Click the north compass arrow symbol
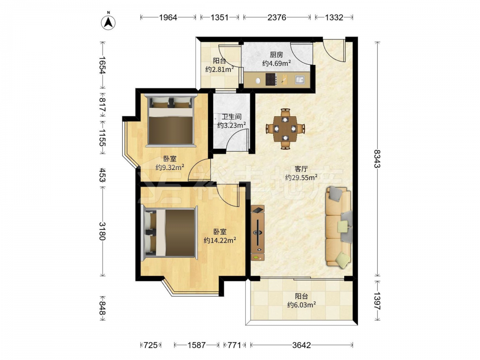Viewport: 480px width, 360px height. [x=108, y=22]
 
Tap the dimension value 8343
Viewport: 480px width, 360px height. [x=377, y=158]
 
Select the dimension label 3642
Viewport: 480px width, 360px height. [x=301, y=345]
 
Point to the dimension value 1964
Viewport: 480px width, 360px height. [x=168, y=17]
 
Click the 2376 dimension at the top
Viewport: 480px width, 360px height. [x=277, y=17]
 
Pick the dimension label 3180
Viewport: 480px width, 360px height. [x=102, y=231]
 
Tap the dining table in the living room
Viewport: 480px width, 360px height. [x=285, y=129]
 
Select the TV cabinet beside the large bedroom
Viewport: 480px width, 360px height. [x=258, y=233]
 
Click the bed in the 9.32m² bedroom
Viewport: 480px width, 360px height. [x=170, y=120]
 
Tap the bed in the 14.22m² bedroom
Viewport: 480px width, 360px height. [x=169, y=232]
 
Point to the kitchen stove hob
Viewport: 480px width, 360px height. [x=271, y=79]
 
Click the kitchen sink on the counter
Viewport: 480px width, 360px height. [x=300, y=80]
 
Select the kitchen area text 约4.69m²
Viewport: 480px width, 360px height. [x=276, y=63]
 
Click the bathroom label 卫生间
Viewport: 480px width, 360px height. [x=231, y=117]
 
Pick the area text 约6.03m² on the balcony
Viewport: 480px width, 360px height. [x=301, y=305]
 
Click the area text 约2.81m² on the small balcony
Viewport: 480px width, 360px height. [x=219, y=70]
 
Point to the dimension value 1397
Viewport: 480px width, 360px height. [x=377, y=301]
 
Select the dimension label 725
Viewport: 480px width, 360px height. [x=151, y=345]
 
